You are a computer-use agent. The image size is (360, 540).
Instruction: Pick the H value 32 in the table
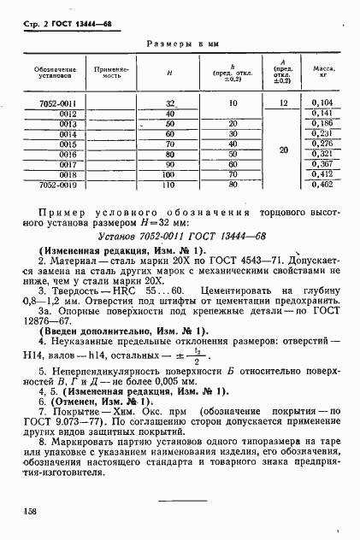pyautogui.click(x=169, y=102)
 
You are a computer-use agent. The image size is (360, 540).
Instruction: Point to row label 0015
pyautogui.click(x=69, y=144)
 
